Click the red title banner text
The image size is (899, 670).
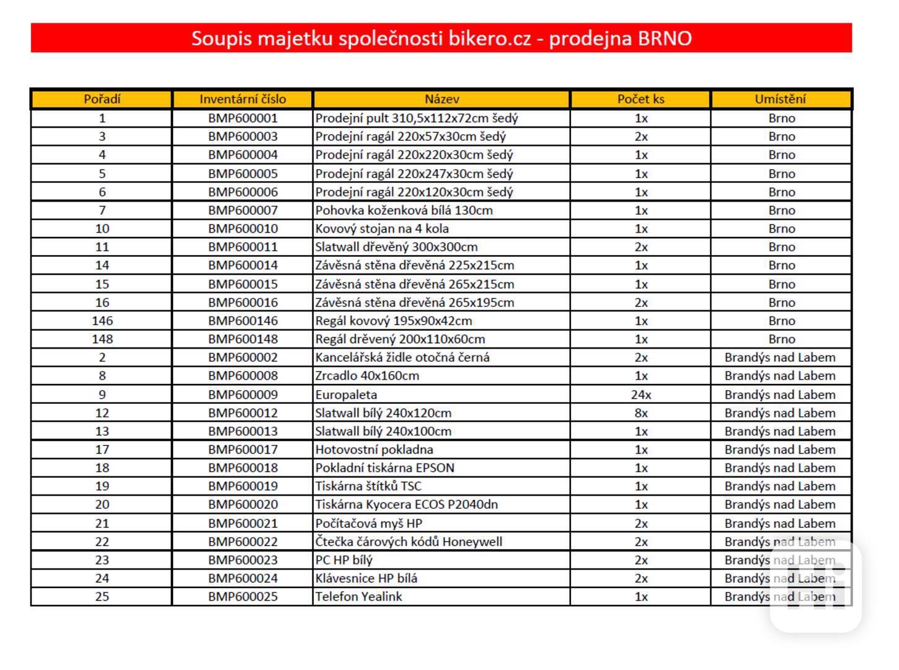441,38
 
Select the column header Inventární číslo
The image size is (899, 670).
242,99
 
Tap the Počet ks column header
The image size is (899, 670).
640,99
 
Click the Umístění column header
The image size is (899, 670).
781,99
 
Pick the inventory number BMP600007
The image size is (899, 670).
242,210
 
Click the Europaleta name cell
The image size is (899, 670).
346,395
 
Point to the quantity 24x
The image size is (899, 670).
640,395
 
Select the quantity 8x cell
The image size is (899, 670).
640,413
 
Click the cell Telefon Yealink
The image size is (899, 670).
358,597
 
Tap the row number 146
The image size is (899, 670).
102,321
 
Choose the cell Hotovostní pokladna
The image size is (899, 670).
374,450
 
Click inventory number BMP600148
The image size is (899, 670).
242,339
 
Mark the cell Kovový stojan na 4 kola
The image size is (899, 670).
382,228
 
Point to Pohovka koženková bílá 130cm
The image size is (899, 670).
404,210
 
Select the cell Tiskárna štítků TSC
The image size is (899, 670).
368,486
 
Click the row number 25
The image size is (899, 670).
102,597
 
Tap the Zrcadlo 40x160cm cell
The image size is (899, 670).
367,376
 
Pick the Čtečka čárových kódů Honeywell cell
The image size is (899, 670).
409,542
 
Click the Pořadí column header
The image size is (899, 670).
102,99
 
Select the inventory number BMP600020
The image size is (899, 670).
242,504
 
